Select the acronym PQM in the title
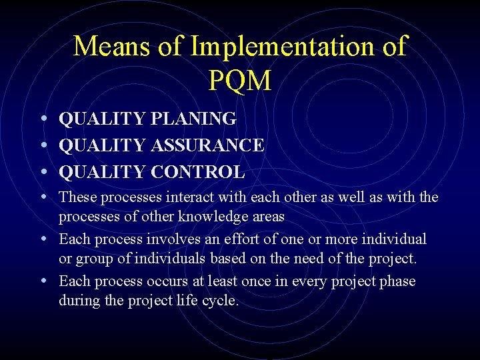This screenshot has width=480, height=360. (x=240, y=80)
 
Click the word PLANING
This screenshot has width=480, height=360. (x=194, y=119)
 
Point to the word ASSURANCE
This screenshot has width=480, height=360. (x=208, y=145)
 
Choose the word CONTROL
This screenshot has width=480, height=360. (x=198, y=172)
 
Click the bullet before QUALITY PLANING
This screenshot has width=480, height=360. (x=43, y=119)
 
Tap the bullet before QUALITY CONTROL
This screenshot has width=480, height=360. (x=43, y=172)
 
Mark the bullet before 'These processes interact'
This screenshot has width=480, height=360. (x=43, y=197)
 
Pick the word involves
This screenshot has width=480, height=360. (x=169, y=239)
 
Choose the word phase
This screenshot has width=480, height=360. (x=397, y=281)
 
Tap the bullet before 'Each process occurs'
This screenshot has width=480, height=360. (x=43, y=281)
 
